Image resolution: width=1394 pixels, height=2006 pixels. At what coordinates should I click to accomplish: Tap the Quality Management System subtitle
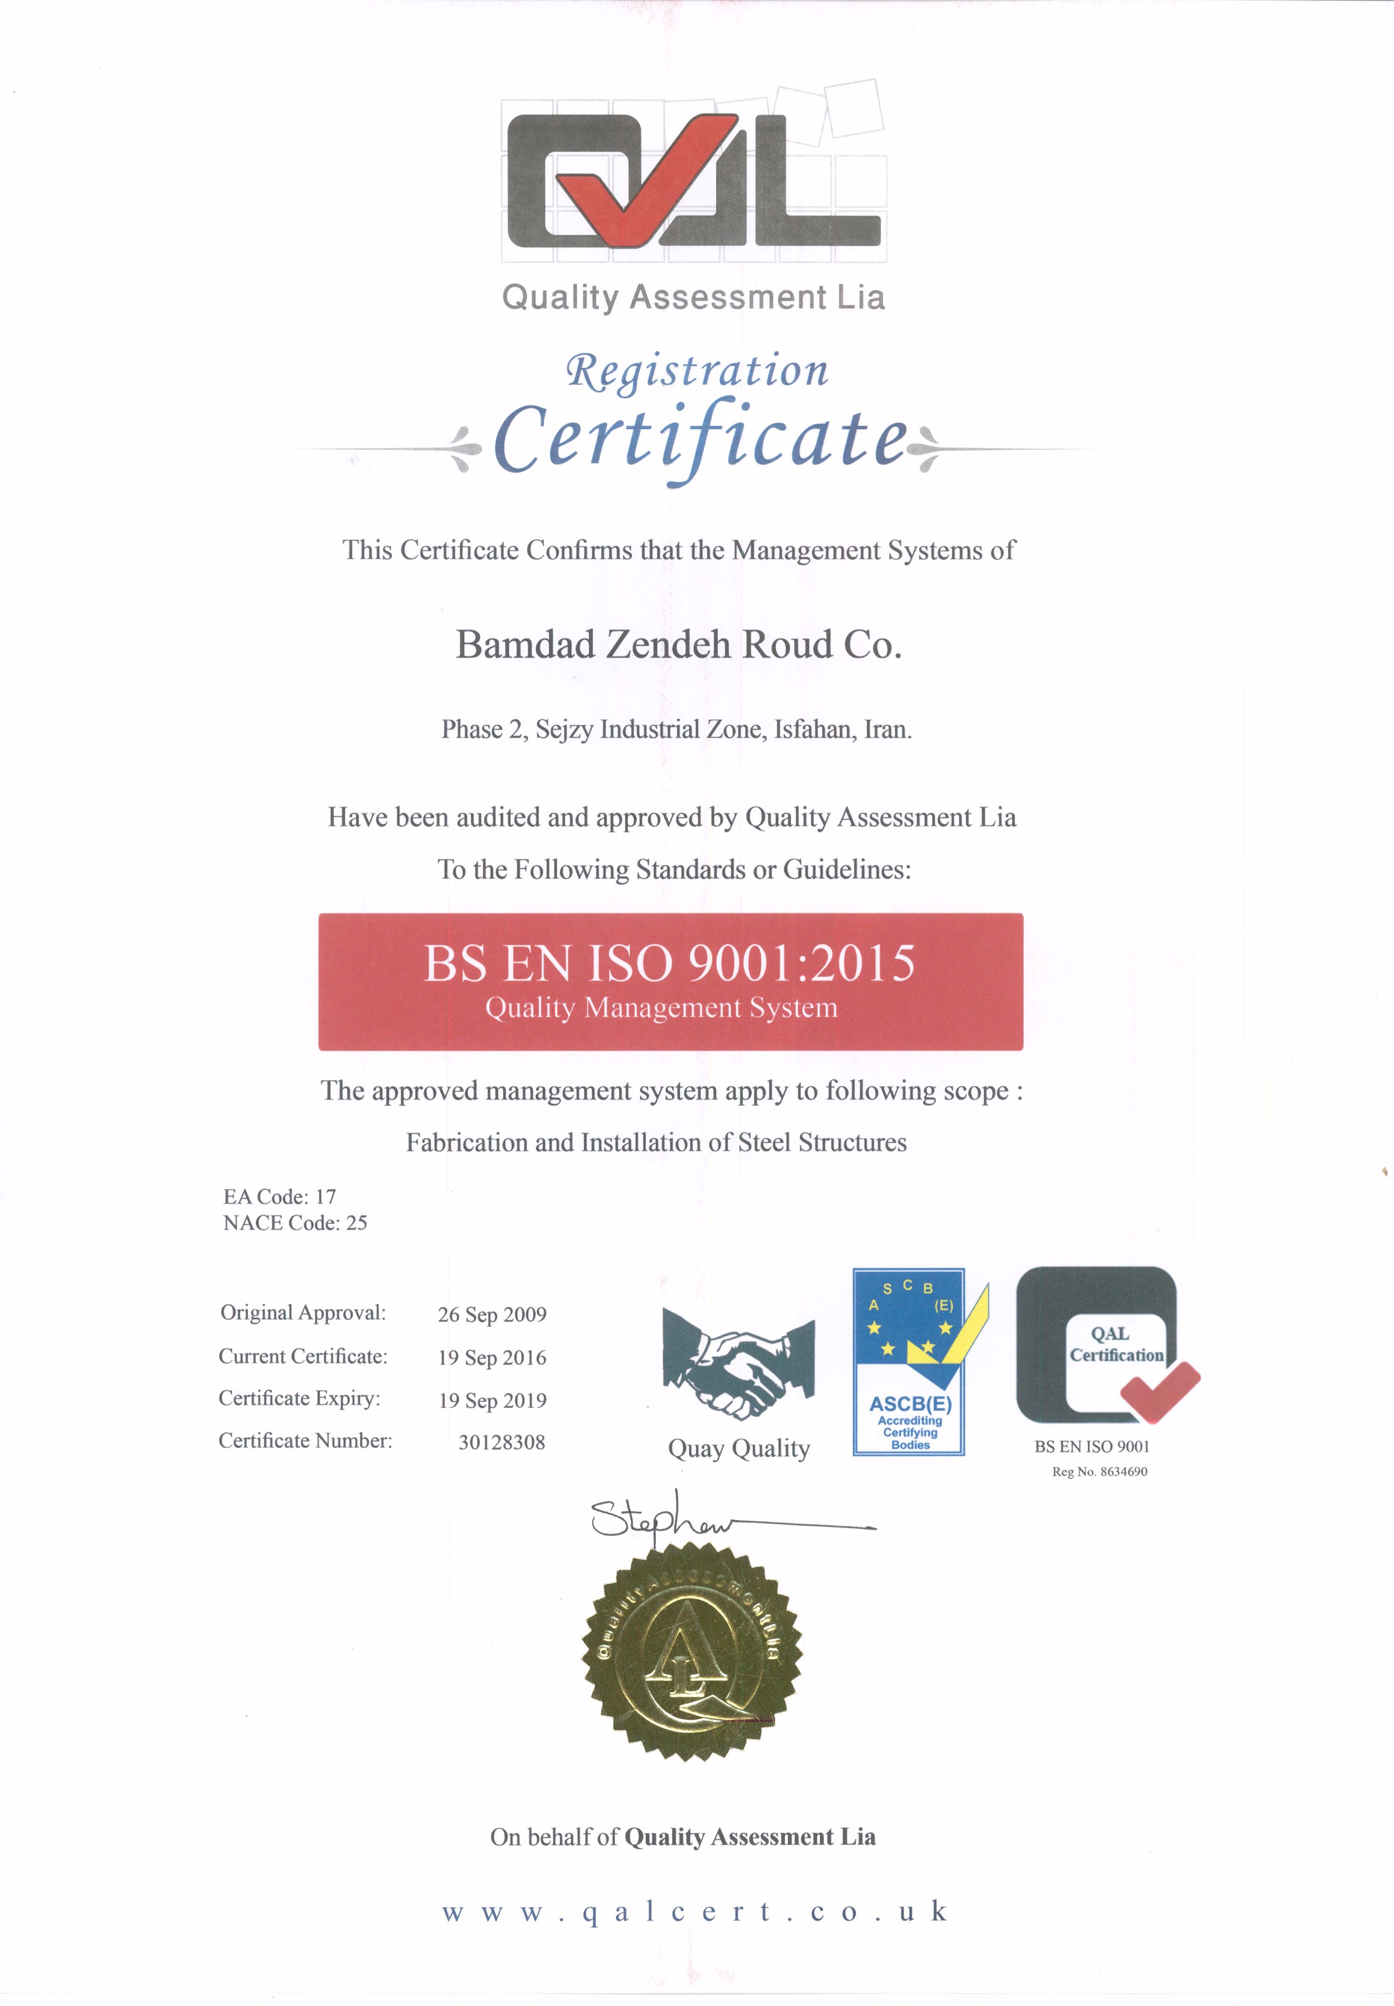661,1008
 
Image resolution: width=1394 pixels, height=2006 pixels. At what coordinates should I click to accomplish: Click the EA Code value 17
326,1196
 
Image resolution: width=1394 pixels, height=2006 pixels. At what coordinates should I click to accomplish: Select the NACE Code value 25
357,1222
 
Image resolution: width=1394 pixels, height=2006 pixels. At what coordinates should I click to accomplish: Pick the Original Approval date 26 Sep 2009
492,1314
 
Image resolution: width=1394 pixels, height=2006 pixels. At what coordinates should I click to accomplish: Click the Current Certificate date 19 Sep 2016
492,1357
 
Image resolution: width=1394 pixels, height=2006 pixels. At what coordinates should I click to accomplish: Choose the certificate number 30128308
502,1441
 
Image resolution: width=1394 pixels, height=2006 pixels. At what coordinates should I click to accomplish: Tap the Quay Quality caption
739,1449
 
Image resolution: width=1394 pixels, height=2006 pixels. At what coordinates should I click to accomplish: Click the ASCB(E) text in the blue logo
910,1404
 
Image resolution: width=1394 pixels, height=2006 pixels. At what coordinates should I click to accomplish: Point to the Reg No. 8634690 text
1100,1471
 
